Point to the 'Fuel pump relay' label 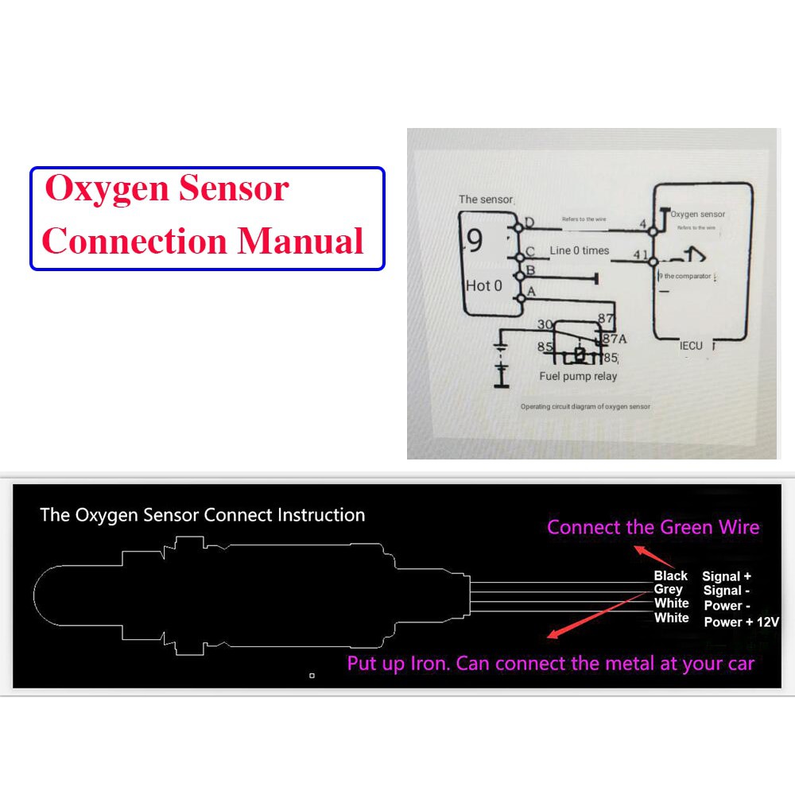pyautogui.click(x=578, y=376)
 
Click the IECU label pyautogui.click(x=692, y=346)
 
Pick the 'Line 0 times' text pyautogui.click(x=580, y=250)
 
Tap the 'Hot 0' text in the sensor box pyautogui.click(x=484, y=285)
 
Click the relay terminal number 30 pyautogui.click(x=545, y=324)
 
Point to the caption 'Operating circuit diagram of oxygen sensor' pyautogui.click(x=585, y=406)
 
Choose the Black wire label pyautogui.click(x=671, y=576)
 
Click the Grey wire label pyautogui.click(x=669, y=590)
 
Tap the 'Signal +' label pyautogui.click(x=727, y=576)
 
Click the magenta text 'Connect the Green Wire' pyautogui.click(x=653, y=527)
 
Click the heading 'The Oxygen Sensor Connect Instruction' pyautogui.click(x=203, y=515)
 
